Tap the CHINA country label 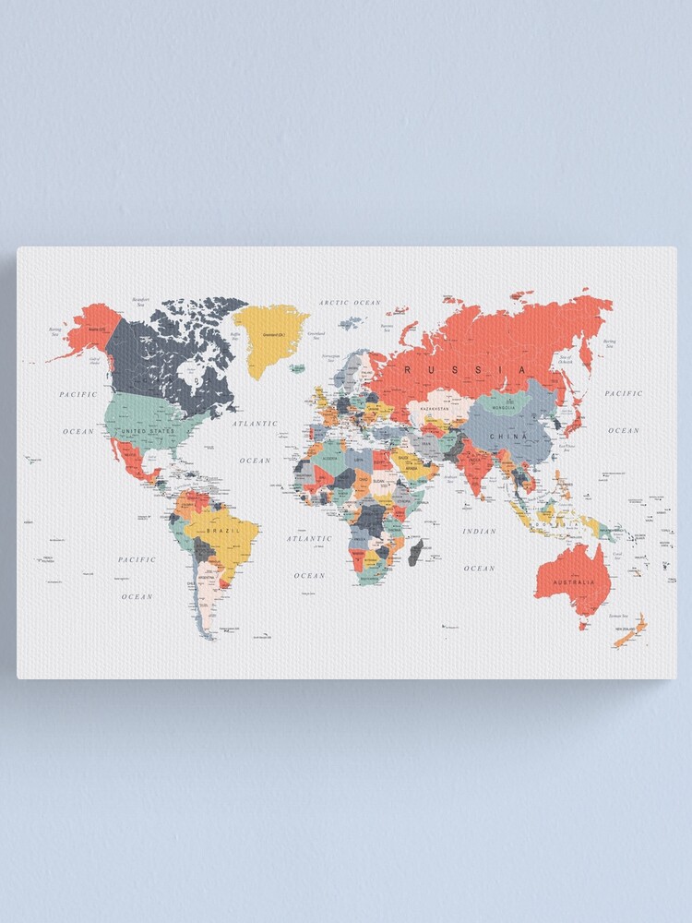507,435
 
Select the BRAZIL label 223,532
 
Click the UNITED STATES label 148,431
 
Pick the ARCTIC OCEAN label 350,303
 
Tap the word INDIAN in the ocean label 480,531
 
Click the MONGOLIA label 503,407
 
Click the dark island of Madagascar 415,553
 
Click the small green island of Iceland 297,368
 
